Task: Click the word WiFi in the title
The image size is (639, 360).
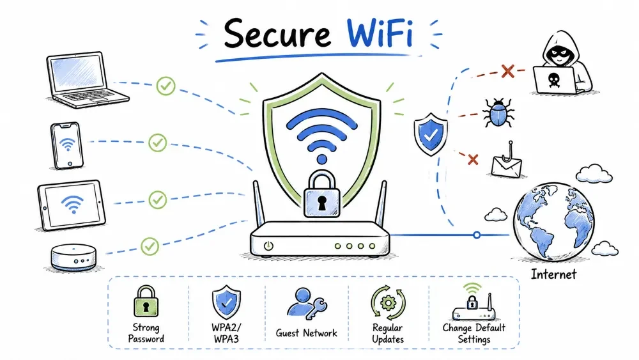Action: coord(380,33)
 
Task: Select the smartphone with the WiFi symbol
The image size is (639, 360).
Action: coord(67,146)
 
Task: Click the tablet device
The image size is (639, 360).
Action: coord(72,205)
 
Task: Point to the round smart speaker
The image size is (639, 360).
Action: coord(73,257)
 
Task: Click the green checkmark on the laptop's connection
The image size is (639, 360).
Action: coord(166,86)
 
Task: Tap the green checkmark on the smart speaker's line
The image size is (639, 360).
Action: coord(150,246)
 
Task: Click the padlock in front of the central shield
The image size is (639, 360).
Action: coord(322,194)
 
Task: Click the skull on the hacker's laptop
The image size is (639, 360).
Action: coord(553,80)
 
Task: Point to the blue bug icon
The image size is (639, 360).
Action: coord(498,113)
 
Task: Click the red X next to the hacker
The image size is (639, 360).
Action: coord(508,72)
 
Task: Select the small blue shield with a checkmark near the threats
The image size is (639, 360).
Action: coord(431,134)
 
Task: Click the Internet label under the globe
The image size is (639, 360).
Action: coord(553,274)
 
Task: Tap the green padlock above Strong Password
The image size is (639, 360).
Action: coord(146,301)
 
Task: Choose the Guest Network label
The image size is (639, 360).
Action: coord(307,333)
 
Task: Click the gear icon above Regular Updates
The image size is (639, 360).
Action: coord(388,302)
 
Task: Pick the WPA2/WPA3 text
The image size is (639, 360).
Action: coord(226,333)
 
